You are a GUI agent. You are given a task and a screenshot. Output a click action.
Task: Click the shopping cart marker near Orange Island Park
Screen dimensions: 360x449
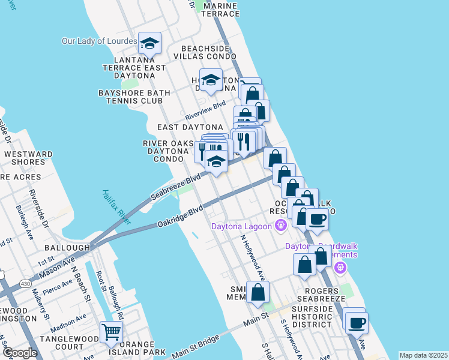pos(112,332)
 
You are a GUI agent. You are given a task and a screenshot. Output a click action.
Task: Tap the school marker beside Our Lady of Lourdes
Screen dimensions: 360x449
pos(150,43)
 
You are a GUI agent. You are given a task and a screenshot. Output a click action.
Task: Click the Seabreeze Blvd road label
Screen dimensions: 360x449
pos(175,188)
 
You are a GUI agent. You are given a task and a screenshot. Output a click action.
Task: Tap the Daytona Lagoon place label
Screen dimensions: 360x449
pos(241,226)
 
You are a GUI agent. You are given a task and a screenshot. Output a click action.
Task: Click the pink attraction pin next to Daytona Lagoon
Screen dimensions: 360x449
pos(280,226)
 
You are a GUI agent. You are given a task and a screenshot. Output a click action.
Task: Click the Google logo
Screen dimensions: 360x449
pos(20,353)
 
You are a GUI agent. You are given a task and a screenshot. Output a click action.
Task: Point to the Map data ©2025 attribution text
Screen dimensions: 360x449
pos(423,355)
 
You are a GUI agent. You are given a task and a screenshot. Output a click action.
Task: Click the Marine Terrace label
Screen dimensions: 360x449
pos(221,9)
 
